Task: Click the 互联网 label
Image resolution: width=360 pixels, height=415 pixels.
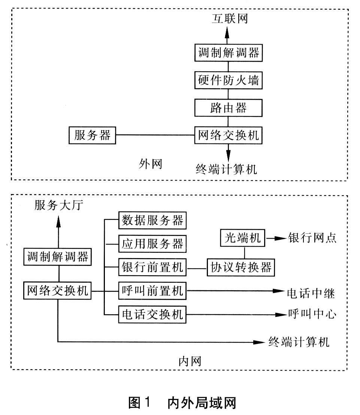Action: coord(228,18)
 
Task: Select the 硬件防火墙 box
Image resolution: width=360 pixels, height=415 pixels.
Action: coord(228,80)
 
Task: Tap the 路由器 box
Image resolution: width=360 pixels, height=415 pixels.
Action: coord(228,108)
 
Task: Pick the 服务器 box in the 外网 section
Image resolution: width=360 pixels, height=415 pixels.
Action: coord(93,135)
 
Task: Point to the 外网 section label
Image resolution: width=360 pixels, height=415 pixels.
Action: coord(150,164)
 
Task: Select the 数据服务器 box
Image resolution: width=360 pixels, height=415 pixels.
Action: coord(152,221)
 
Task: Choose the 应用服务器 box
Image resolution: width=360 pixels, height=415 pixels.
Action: coord(152,244)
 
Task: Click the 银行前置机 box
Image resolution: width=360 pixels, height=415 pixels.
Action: coord(152,268)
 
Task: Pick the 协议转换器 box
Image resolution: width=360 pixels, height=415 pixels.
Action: coord(241,268)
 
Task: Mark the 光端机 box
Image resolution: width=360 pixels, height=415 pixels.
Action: coord(242,238)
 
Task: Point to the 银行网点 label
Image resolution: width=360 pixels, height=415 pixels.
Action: coord(312,238)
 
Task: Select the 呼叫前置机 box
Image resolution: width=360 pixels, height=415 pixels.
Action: coord(152,291)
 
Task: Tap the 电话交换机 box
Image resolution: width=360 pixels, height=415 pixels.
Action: coord(152,314)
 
